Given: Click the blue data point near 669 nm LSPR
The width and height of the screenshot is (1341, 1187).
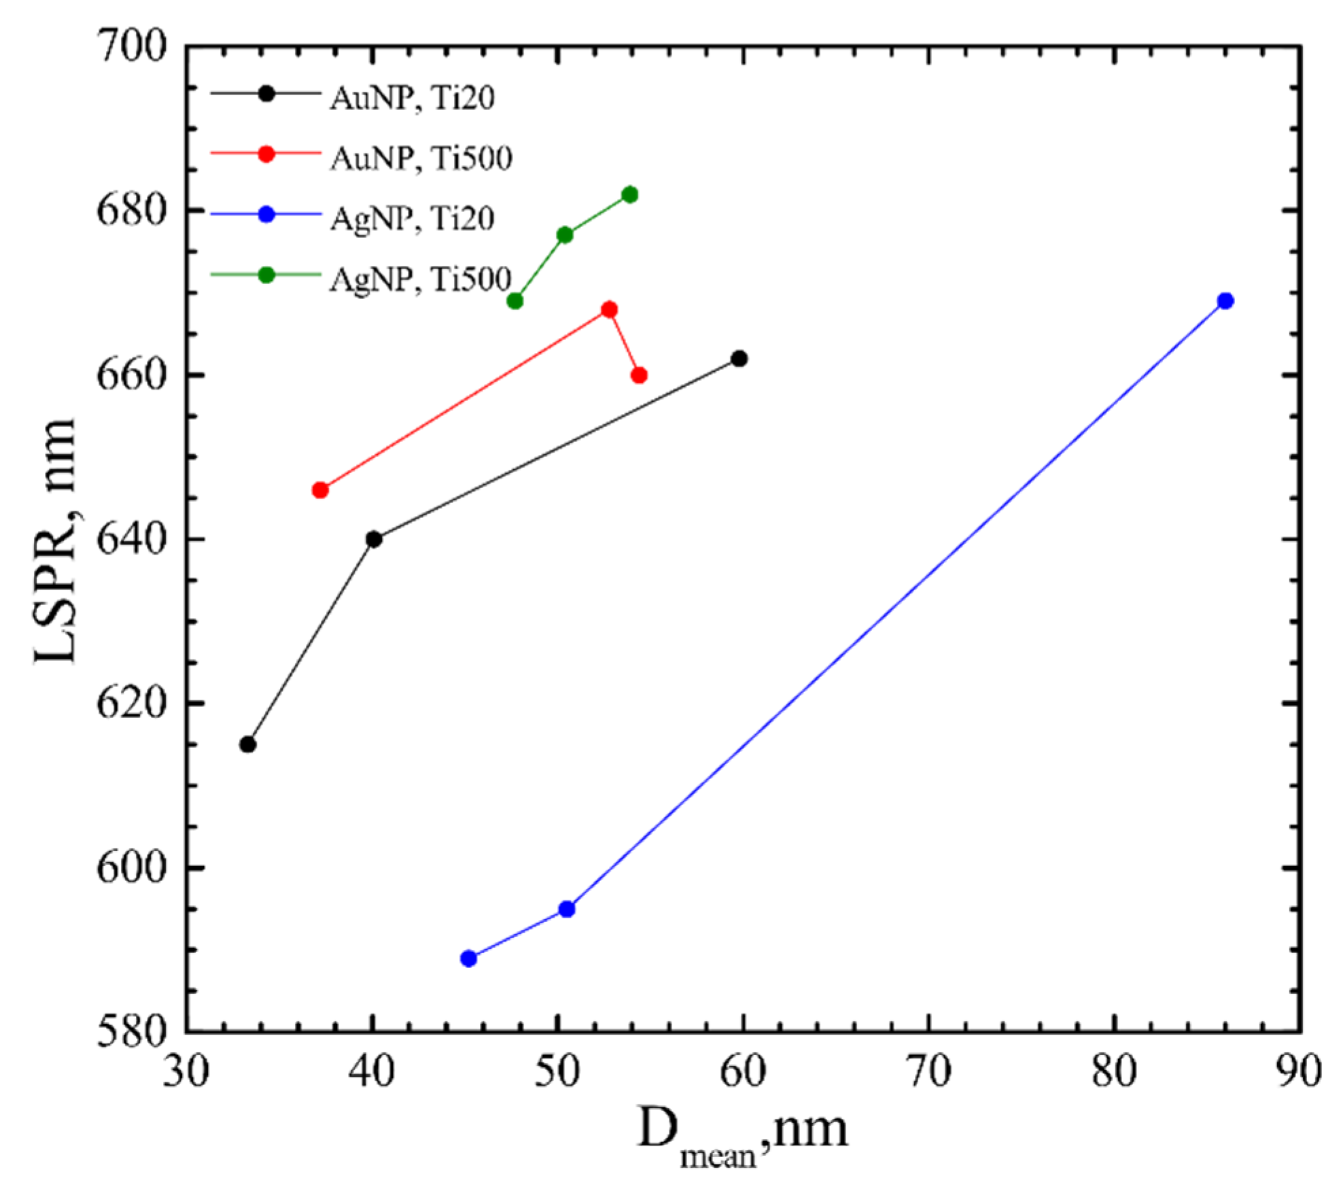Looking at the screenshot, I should [1225, 300].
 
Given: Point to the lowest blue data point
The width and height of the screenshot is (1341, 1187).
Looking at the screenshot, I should [468, 959].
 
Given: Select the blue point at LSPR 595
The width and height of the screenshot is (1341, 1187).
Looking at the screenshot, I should [566, 909].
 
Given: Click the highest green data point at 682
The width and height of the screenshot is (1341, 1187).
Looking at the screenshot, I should [630, 194].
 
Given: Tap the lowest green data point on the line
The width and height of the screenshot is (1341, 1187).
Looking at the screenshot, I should [515, 300].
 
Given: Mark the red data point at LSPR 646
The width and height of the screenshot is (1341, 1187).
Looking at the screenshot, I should [320, 490].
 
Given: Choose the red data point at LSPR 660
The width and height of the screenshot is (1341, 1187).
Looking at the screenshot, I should [639, 375].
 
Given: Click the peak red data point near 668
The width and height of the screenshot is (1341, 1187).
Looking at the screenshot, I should [610, 309].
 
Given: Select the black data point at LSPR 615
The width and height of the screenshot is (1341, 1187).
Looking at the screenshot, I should [248, 744].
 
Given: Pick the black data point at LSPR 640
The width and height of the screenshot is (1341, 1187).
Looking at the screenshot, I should [373, 539].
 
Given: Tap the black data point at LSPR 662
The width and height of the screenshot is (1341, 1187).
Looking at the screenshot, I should [739, 358].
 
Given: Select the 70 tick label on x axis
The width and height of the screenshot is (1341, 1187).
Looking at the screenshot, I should [928, 1072].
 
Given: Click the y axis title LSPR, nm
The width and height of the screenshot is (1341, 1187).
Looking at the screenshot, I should [56, 540].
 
